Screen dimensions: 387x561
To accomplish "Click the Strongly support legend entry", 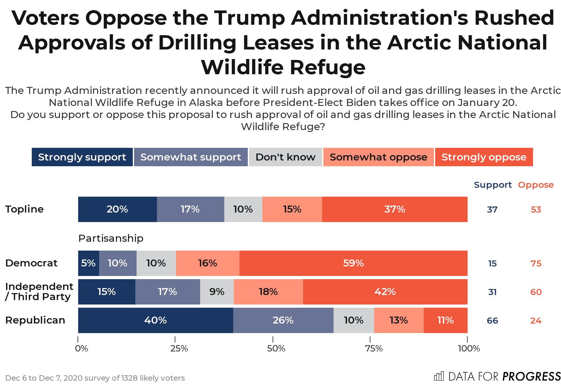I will point(82,157).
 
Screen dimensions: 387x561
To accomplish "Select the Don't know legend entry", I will point(285,157).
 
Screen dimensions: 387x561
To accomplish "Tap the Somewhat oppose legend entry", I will point(378,157).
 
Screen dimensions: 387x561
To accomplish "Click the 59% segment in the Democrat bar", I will point(353,263).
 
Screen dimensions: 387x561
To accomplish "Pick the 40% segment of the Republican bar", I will point(155,320).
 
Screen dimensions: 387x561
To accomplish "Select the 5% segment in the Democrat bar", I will point(88,263).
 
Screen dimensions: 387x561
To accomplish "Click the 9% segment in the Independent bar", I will point(217,292).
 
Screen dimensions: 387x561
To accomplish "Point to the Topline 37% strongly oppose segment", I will point(395,209).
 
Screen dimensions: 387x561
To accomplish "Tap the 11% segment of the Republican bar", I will point(445,320).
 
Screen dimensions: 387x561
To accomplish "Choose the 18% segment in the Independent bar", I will point(268,292).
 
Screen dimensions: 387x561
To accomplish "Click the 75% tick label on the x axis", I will point(374,349).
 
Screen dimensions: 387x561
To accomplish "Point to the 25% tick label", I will point(179,349).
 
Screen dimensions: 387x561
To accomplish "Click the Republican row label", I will point(35,320).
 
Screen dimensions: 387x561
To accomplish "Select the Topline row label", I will point(24,209).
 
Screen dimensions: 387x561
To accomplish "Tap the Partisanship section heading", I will point(111,238).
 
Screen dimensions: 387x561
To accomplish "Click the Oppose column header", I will point(536,185).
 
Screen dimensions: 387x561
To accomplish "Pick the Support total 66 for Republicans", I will point(492,321).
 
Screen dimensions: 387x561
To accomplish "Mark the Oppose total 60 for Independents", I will point(536,292).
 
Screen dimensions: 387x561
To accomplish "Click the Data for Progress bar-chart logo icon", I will point(439,376).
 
